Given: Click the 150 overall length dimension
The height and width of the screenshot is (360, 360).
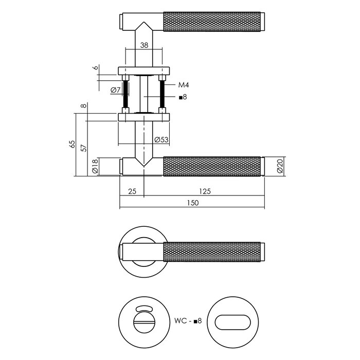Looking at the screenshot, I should pos(192,203).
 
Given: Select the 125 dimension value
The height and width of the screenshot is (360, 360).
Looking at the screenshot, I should pos(205,191).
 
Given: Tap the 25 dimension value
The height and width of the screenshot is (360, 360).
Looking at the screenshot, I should pos(132,191).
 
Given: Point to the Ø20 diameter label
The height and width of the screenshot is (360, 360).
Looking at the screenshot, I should pos(280,167).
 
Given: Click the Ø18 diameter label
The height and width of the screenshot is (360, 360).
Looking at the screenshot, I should pos(95,167).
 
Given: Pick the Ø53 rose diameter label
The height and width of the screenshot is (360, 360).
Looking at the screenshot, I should pos(161,139).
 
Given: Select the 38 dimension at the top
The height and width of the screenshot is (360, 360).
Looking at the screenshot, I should pos(145,45).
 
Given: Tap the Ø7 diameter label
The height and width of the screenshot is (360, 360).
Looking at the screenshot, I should pos(115,91).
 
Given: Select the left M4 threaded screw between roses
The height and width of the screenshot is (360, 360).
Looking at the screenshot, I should pos(125,94).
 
